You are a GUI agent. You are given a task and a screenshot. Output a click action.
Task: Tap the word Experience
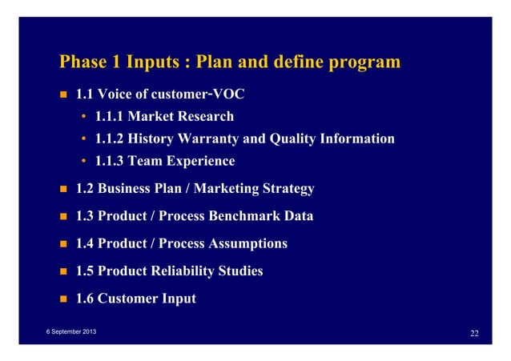tap(197, 161)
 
